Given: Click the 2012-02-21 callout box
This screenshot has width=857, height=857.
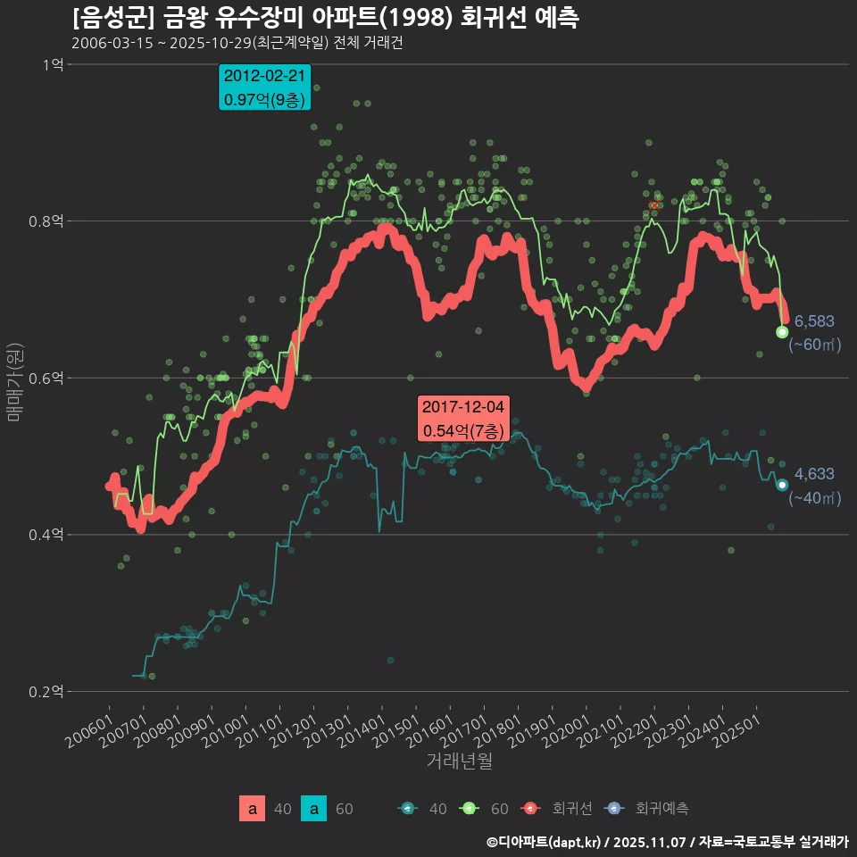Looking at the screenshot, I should coord(265,87).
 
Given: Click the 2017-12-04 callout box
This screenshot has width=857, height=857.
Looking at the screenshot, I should coord(463,419).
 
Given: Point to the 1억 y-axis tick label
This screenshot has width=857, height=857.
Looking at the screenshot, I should coord(54,64).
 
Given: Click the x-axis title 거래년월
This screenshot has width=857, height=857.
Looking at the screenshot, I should coord(459,761).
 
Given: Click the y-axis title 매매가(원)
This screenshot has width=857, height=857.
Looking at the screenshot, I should coord(13,379).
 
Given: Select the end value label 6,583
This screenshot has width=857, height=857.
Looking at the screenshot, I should coord(813,320).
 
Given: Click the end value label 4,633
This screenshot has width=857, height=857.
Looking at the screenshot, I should coord(813,474).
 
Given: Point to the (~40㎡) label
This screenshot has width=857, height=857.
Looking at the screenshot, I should coord(814,498).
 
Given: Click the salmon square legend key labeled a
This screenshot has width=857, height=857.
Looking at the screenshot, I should coord(253,809).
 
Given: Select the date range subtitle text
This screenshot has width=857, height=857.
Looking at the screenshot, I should coord(237,43).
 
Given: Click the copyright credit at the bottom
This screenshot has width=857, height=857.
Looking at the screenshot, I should coord(667,841).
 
